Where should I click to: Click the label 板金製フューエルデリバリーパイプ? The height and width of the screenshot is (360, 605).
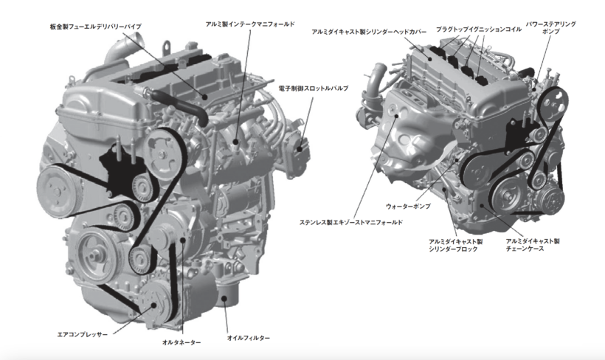click(96, 27)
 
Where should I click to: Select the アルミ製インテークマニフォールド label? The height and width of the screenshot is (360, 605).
click(250, 24)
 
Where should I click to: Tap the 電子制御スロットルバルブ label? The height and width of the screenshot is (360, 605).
click(314, 89)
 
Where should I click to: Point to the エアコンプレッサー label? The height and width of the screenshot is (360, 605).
click(83, 334)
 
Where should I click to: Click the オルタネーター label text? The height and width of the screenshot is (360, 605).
click(181, 342)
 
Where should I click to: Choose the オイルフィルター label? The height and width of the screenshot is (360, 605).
click(249, 338)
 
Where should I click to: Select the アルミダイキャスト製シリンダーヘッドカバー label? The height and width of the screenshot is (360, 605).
click(369, 32)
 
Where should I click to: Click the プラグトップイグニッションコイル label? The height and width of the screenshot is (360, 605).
click(479, 30)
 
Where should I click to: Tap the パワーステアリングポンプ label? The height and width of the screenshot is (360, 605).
click(551, 28)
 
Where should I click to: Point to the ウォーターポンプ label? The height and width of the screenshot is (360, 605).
click(408, 207)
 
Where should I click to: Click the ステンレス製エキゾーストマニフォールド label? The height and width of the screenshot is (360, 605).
click(351, 223)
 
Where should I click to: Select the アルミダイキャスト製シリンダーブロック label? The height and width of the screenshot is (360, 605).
click(456, 246)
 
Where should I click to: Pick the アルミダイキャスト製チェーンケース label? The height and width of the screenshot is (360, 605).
click(533, 245)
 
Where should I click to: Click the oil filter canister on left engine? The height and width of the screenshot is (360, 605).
click(227, 294)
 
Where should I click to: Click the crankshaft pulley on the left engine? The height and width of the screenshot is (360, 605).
click(94, 255)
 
